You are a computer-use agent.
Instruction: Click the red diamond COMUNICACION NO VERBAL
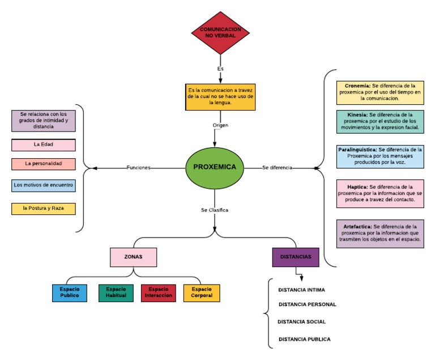point(220,33)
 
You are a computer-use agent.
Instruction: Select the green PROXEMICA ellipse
point(215,168)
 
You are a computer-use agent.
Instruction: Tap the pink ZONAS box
point(134,257)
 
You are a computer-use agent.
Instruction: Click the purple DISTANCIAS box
point(296,257)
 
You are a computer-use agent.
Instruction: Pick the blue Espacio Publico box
point(70,293)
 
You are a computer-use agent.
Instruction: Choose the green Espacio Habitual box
point(116,293)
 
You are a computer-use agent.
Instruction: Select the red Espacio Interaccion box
point(159,293)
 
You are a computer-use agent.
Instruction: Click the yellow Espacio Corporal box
point(202,293)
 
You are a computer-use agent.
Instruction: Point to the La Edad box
point(44,145)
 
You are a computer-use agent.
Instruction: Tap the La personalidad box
point(44,164)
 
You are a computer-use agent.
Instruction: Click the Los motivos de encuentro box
point(44,185)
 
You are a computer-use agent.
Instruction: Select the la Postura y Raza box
point(44,209)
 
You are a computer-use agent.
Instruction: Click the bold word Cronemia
point(357,86)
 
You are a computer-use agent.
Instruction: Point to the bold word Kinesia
point(357,115)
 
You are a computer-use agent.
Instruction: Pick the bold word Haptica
point(357,187)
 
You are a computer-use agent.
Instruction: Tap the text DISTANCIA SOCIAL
point(301,321)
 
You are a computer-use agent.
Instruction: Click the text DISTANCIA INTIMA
point(301,290)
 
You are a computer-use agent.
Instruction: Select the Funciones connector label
point(138,167)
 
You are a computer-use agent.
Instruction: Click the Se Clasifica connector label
point(215,210)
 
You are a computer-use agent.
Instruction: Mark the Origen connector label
point(220,125)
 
